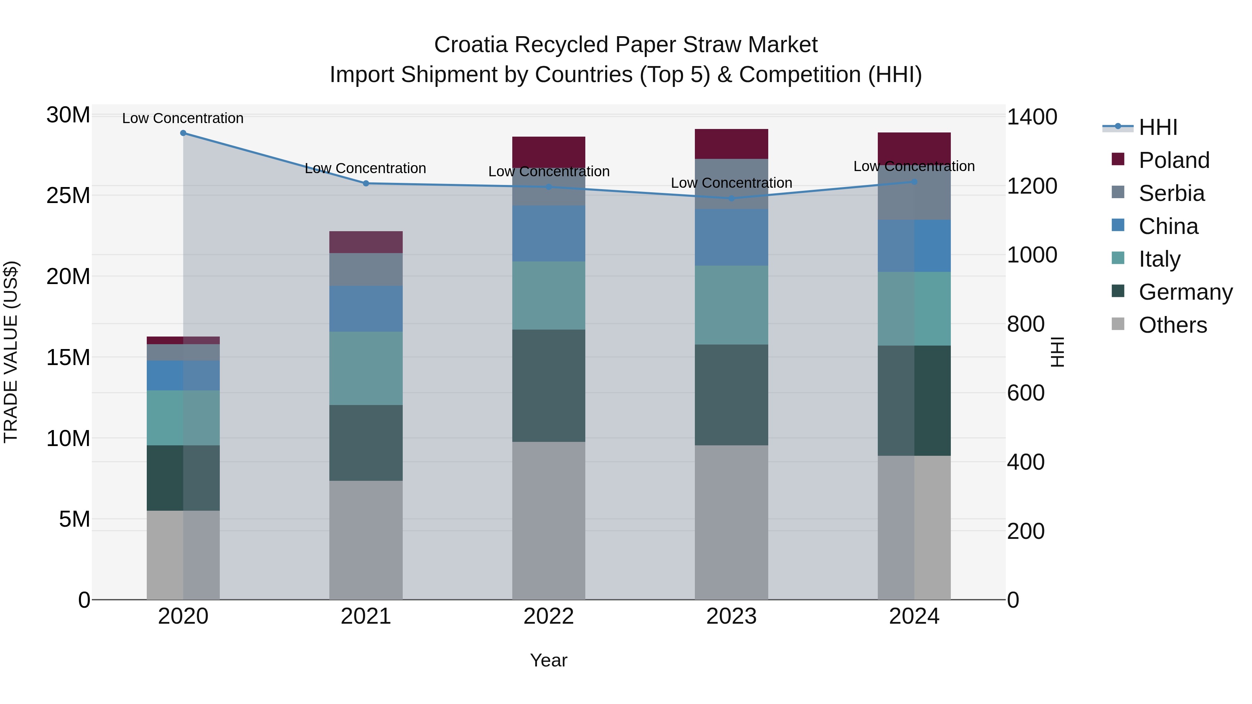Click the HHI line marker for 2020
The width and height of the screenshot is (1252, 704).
tap(183, 133)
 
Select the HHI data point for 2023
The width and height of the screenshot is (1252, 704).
tap(731, 198)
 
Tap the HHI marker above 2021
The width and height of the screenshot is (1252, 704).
tap(366, 184)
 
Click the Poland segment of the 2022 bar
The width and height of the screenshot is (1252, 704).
tap(549, 152)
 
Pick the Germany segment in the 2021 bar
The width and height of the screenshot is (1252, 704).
tap(366, 443)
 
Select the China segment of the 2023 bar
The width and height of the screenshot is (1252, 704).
tap(731, 237)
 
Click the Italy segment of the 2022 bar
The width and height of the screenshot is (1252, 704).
tap(549, 296)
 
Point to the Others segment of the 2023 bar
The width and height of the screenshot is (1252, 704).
tap(731, 522)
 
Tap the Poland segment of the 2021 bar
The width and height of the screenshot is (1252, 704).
tap(366, 242)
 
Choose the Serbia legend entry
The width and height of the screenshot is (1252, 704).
tap(1171, 193)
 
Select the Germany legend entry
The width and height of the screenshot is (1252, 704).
tap(1185, 292)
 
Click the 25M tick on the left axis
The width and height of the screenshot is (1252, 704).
tap(68, 196)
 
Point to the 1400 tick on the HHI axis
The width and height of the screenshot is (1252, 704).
tap(1032, 117)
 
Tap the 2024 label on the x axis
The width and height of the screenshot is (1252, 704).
tap(914, 616)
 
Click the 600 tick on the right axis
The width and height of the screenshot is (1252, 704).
tap(1026, 393)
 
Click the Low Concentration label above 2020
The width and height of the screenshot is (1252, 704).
tap(183, 118)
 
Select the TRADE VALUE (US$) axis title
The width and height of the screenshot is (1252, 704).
tap(11, 352)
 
